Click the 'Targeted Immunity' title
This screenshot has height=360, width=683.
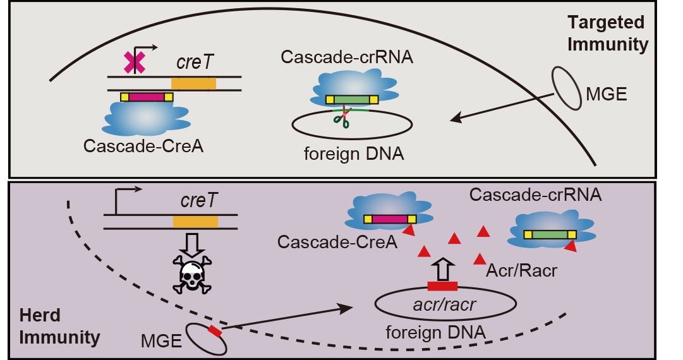[x=607, y=34]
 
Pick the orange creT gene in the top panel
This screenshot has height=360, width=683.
[x=193, y=83]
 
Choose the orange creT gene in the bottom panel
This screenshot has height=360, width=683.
[x=195, y=222]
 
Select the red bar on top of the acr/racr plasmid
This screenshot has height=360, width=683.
[x=442, y=286]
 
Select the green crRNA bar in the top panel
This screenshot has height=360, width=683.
[x=352, y=99]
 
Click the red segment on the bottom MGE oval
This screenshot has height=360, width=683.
[x=215, y=331]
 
